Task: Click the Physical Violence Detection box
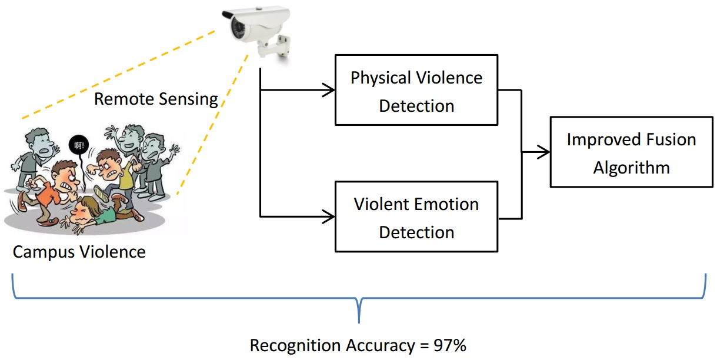(x=416, y=90)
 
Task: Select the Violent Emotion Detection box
(x=416, y=216)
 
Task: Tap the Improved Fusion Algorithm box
(x=631, y=152)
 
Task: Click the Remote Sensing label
(x=156, y=99)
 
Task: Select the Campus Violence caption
(x=79, y=252)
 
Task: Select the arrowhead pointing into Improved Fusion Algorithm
(x=545, y=152)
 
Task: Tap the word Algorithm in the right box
(x=631, y=168)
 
